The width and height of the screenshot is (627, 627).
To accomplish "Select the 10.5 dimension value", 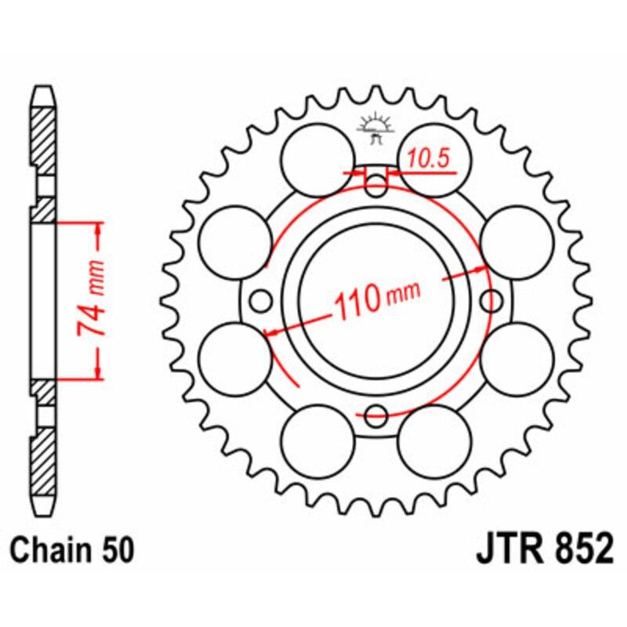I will coord(428,159).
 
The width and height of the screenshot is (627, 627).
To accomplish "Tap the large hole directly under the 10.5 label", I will coord(436,159).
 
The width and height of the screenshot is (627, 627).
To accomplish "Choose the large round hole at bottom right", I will coord(434,440).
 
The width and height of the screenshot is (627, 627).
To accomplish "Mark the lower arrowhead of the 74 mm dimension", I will coord(99,371).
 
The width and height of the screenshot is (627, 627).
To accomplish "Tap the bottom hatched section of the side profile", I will coord(44,462).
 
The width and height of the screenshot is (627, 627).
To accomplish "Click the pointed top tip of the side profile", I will coord(44,89).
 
